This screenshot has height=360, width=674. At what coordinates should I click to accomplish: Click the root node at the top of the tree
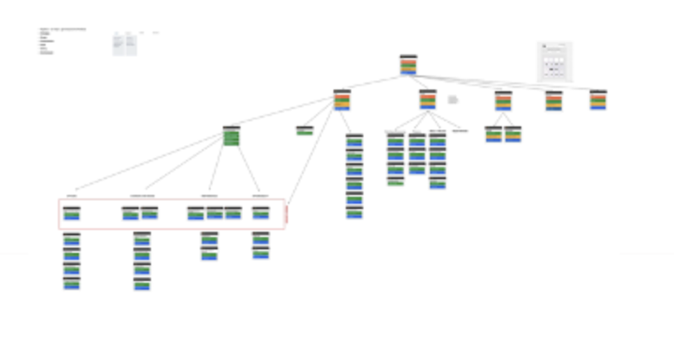tap(408, 66)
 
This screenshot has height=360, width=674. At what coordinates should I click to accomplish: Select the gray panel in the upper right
tap(555, 61)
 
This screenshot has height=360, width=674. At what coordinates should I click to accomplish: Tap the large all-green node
tap(231, 135)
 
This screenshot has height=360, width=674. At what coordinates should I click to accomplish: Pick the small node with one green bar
tap(305, 131)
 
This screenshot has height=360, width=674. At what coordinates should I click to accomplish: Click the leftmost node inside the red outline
tap(72, 213)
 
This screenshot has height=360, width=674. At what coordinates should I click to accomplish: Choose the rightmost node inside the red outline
tap(261, 212)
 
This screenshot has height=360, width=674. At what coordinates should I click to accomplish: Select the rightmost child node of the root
tap(599, 100)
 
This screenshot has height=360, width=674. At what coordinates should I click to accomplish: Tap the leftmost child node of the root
tap(342, 100)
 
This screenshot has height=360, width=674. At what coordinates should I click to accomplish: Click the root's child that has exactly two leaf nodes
tap(503, 100)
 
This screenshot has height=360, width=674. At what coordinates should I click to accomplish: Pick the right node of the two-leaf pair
tap(513, 134)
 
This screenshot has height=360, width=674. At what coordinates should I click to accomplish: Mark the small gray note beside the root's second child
tap(453, 100)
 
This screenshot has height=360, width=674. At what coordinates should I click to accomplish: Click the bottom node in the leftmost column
tap(72, 283)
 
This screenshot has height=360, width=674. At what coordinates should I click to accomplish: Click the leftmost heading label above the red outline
tap(72, 195)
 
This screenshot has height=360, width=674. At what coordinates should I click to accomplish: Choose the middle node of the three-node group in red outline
tap(214, 212)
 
